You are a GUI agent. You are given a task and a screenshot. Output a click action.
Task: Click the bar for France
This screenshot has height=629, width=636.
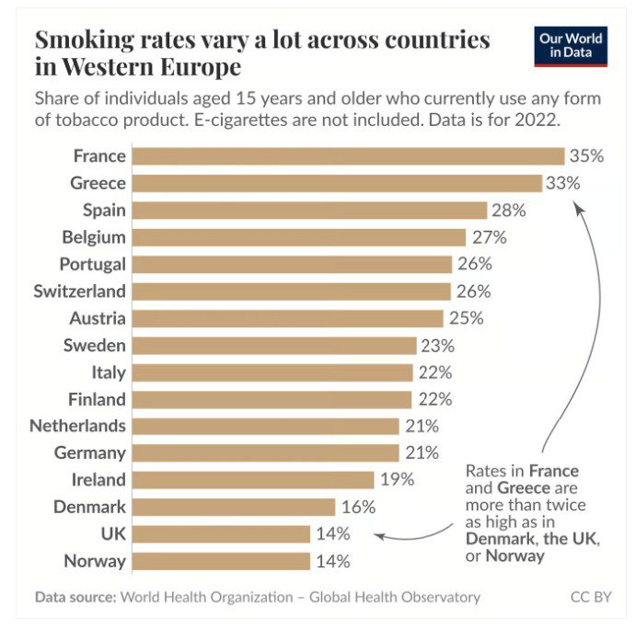(348, 156)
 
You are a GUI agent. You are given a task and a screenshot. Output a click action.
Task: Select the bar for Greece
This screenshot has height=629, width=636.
(337, 183)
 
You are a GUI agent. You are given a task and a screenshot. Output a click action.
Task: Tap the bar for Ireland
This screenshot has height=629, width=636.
(253, 479)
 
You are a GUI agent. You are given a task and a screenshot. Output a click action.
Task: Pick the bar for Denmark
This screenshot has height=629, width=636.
(234, 507)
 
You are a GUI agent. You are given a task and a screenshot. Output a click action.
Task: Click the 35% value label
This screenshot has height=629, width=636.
(586, 156)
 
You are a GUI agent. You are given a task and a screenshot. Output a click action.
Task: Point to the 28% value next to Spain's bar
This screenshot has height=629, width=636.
(508, 211)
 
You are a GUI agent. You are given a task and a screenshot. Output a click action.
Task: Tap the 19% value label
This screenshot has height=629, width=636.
(397, 479)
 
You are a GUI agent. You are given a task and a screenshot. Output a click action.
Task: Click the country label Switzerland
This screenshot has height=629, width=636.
(79, 292)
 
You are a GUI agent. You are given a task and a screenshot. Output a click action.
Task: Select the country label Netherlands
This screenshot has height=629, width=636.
(77, 426)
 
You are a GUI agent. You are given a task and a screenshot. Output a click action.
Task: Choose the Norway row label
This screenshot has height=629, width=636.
(95, 560)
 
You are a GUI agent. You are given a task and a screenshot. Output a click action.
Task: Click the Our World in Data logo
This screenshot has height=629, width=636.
(571, 45)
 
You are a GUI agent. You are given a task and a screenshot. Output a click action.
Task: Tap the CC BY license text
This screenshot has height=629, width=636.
(590, 597)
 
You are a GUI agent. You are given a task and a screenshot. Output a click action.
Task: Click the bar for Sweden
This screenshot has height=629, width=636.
(274, 345)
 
